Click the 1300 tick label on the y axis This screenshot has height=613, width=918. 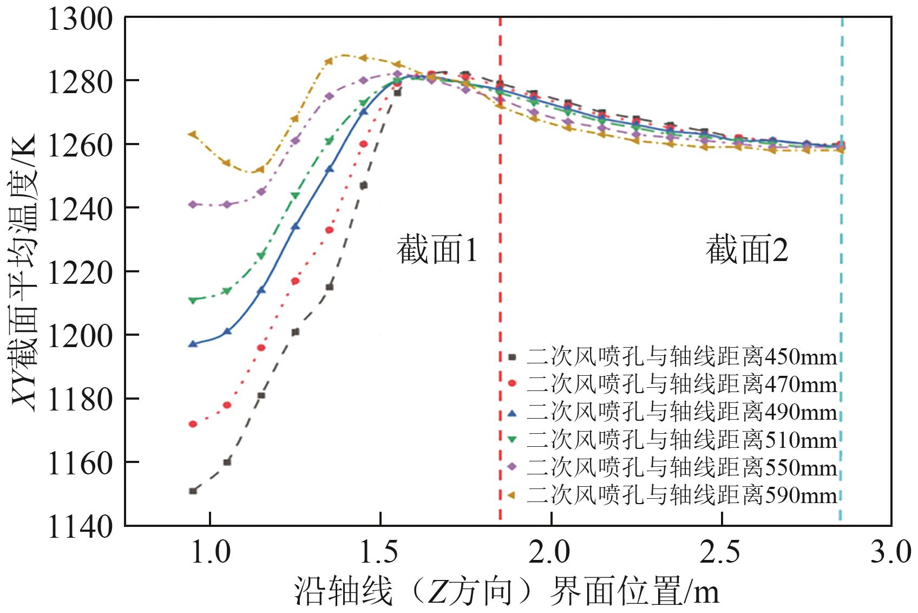click(80, 19)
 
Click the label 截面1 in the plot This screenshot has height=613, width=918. click(437, 250)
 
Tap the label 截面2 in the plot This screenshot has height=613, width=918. click(747, 250)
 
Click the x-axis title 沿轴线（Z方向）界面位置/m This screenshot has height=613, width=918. click(507, 590)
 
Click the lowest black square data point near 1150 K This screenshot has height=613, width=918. click(193, 491)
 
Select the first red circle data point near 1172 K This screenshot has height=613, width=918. click(193, 424)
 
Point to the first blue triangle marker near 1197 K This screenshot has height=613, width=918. click(193, 344)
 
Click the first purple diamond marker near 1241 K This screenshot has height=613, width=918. click(193, 204)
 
